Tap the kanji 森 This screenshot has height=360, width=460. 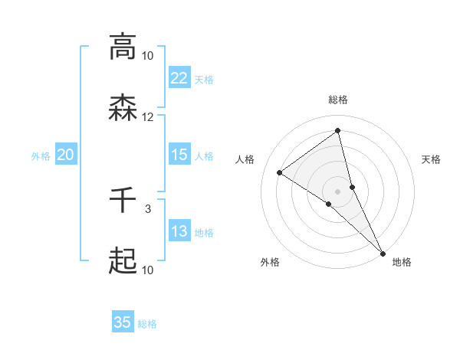[123, 109]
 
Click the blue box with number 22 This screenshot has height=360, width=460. [179, 77]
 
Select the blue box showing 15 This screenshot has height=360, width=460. [179, 155]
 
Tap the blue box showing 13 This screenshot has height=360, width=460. [179, 231]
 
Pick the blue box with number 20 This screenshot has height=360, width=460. [66, 155]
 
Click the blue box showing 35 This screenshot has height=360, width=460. [123, 322]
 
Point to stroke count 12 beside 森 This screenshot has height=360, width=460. [148, 117]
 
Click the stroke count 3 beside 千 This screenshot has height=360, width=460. [148, 208]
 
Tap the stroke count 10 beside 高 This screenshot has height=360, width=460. [148, 55]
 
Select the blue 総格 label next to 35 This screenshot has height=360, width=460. [147, 324]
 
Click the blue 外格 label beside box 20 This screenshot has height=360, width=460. [41, 156]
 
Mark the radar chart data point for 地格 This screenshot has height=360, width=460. [383, 253]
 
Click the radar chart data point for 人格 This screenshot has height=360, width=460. [280, 172]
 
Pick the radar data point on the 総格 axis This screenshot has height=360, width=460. [337, 131]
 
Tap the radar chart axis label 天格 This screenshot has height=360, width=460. [432, 159]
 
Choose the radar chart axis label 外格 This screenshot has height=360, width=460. [270, 262]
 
